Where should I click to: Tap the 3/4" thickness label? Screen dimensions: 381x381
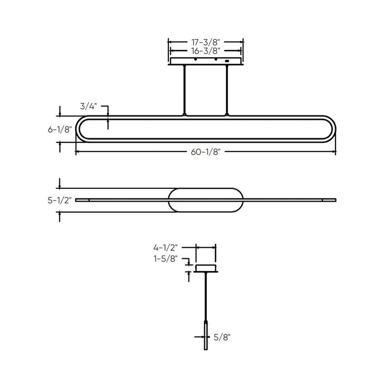[x=88, y=106]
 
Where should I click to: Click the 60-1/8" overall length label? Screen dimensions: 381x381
[x=205, y=152]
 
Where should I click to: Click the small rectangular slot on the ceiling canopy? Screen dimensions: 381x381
[x=228, y=61]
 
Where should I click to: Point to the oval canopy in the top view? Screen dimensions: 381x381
[x=205, y=200]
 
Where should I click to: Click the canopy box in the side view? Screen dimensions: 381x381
[x=206, y=268]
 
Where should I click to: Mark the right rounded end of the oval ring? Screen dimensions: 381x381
[x=332, y=129]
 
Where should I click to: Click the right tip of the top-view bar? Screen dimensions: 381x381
[x=334, y=200]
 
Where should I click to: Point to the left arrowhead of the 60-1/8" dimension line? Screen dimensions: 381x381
[x=78, y=152]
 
